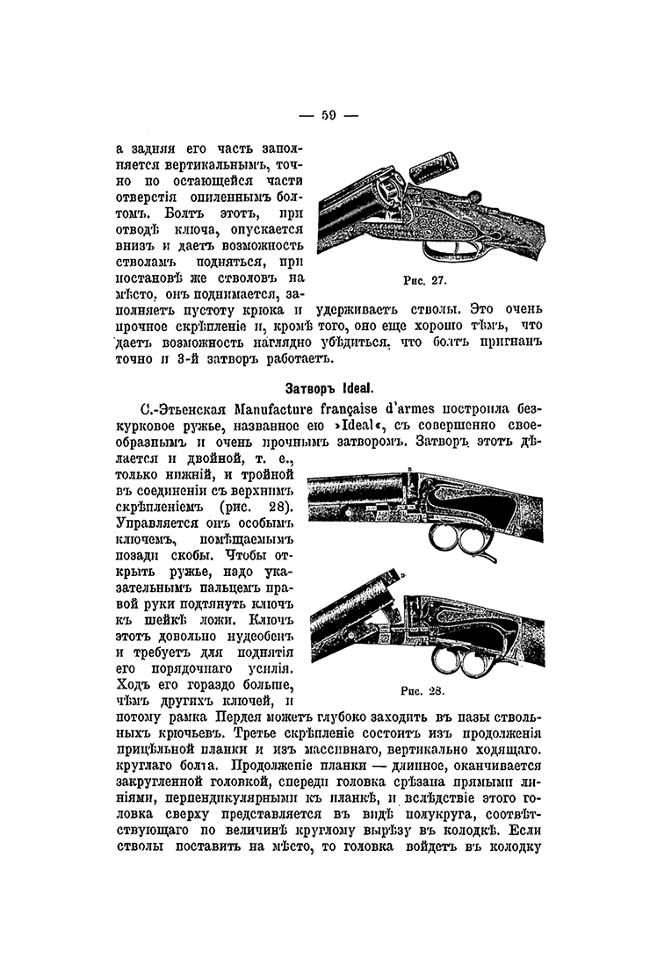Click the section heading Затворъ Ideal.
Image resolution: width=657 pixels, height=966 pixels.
click(x=328, y=387)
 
